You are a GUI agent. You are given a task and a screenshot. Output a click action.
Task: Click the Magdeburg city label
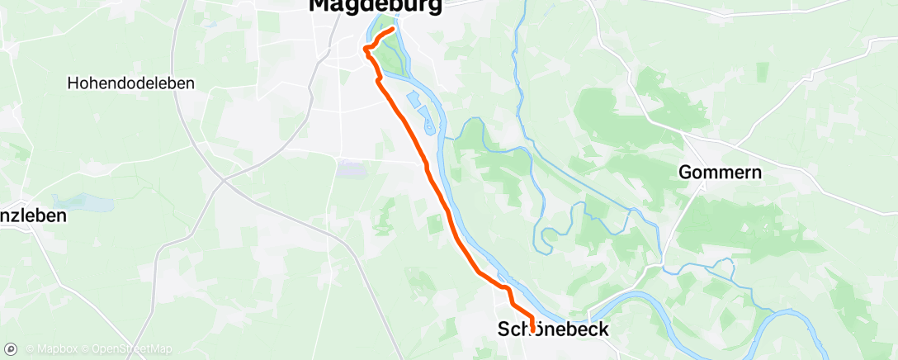[375, 6]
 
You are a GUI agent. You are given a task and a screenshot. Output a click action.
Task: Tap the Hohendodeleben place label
[130, 83]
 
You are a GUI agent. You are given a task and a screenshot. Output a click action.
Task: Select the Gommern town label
[720, 173]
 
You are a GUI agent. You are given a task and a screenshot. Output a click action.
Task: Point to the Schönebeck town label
[553, 329]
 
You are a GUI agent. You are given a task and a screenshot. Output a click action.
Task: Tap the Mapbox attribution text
[51, 349]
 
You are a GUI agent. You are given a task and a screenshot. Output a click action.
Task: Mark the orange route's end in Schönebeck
[532, 330]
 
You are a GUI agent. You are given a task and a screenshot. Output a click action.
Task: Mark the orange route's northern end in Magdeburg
[393, 30]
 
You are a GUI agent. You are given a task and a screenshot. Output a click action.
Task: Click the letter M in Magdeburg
[319, 5]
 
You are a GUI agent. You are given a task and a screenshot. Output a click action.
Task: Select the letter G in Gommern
[685, 173]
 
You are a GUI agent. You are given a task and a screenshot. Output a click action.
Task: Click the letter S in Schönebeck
[503, 329]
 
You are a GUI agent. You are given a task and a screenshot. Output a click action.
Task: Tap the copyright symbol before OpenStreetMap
[85, 349]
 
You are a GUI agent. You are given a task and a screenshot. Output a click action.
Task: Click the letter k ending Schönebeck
[603, 329]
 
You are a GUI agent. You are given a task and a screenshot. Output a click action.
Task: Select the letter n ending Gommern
[756, 173]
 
